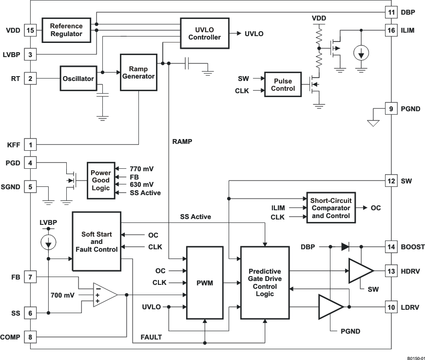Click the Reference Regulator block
click(x=66, y=30)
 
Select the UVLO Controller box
click(x=204, y=33)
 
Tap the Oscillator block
click(x=77, y=79)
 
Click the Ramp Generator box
click(x=138, y=72)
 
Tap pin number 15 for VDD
click(x=30, y=30)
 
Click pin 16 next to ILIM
click(x=391, y=30)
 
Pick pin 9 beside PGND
click(x=391, y=109)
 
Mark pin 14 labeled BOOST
click(x=391, y=247)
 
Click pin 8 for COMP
click(x=30, y=337)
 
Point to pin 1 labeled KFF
click(x=30, y=144)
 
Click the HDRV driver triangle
click(x=360, y=271)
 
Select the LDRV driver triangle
click(x=330, y=307)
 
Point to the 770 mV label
click(x=142, y=169)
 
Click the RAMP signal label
click(x=182, y=141)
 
